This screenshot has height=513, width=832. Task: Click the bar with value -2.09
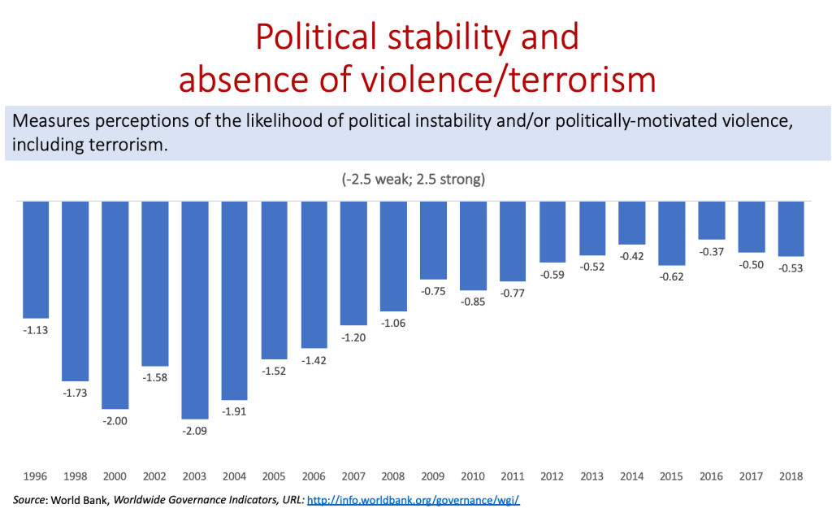(195, 309)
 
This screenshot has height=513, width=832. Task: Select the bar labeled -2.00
(115, 305)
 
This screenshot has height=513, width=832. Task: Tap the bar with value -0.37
(712, 220)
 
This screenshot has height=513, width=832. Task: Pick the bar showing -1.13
(36, 260)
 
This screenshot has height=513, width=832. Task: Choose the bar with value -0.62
(672, 233)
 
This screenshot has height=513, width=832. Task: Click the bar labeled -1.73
(76, 291)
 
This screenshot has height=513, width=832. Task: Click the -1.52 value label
(275, 371)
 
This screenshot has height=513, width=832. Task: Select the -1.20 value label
(354, 337)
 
